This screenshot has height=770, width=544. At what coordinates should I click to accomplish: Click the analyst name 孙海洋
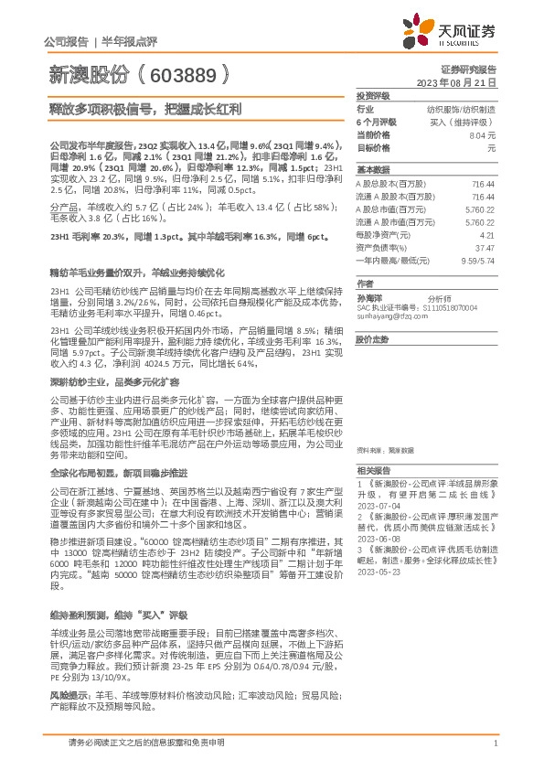(369, 298)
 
